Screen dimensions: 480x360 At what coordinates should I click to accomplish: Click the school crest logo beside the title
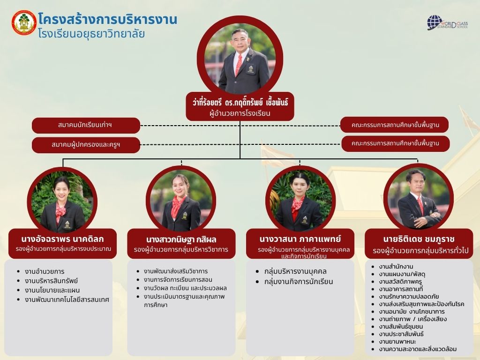tap(24, 22)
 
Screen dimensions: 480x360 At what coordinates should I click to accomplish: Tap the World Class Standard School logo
tap(447, 23)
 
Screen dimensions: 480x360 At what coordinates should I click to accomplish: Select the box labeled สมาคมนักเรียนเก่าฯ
tap(86, 125)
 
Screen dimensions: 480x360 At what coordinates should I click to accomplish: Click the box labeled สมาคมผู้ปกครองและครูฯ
tap(86, 144)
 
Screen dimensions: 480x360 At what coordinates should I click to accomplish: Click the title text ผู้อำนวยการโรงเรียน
tap(240, 113)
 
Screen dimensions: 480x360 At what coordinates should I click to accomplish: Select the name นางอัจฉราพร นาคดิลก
tap(62, 239)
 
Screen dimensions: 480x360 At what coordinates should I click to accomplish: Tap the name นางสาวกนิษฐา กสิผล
tap(181, 240)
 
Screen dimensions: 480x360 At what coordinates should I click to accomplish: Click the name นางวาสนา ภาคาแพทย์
tap(300, 239)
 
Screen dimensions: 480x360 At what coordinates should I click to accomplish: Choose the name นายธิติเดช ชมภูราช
tap(419, 239)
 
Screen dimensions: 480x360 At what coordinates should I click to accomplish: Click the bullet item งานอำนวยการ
tap(45, 271)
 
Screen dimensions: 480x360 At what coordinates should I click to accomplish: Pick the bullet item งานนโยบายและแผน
tap(52, 290)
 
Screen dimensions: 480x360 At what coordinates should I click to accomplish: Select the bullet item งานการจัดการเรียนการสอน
tap(178, 280)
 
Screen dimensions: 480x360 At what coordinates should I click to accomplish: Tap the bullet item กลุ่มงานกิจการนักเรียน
tap(299, 282)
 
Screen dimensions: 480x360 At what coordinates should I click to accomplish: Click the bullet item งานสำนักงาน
tap(396, 267)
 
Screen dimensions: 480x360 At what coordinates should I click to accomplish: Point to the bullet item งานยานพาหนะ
tap(397, 342)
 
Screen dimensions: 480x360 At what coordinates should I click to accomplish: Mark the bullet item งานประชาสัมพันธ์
tap(401, 334)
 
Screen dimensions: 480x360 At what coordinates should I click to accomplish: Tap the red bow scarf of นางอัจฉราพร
tap(60, 211)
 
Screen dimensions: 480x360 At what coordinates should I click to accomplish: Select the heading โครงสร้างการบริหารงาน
tap(108, 19)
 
